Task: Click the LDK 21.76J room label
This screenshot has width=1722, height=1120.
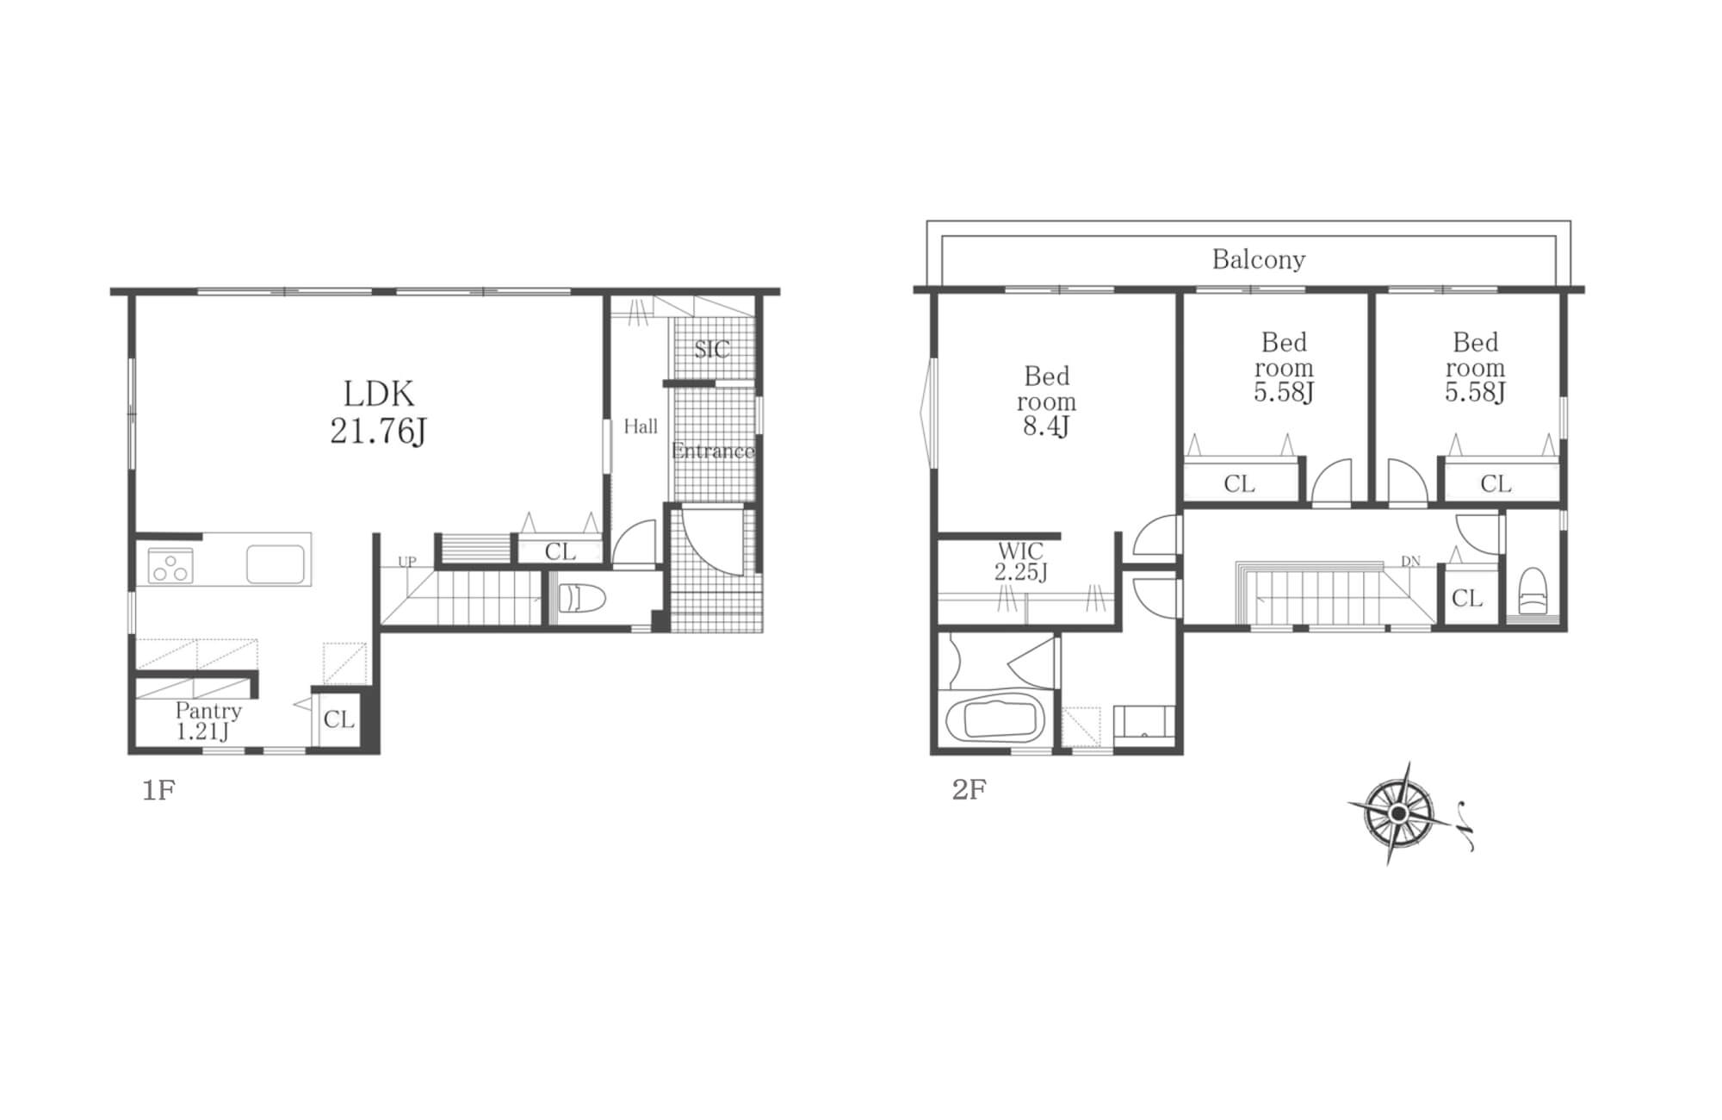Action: coord(379,412)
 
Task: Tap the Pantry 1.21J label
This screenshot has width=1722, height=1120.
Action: coord(208,721)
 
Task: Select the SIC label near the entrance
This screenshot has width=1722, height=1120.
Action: coord(712,349)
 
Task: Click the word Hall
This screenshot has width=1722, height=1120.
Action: coord(641,426)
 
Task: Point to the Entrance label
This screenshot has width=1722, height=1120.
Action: coord(713,451)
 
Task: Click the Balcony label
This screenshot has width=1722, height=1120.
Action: coord(1259,259)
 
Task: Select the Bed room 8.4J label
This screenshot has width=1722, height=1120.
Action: coord(1046,401)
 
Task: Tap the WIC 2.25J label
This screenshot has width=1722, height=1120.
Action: coord(1021,561)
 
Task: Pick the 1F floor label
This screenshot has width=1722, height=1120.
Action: coord(158,790)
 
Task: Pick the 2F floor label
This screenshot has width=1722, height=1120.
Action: coord(969,789)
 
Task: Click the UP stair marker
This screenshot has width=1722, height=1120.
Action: coord(406,562)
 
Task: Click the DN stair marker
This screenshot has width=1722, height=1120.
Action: coord(1410,562)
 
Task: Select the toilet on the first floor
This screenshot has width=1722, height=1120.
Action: coord(582,598)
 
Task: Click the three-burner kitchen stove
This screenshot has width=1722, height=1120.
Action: coord(170,566)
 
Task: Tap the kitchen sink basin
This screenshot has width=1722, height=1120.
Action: coord(276,564)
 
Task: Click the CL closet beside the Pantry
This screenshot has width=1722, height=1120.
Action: coord(338,719)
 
